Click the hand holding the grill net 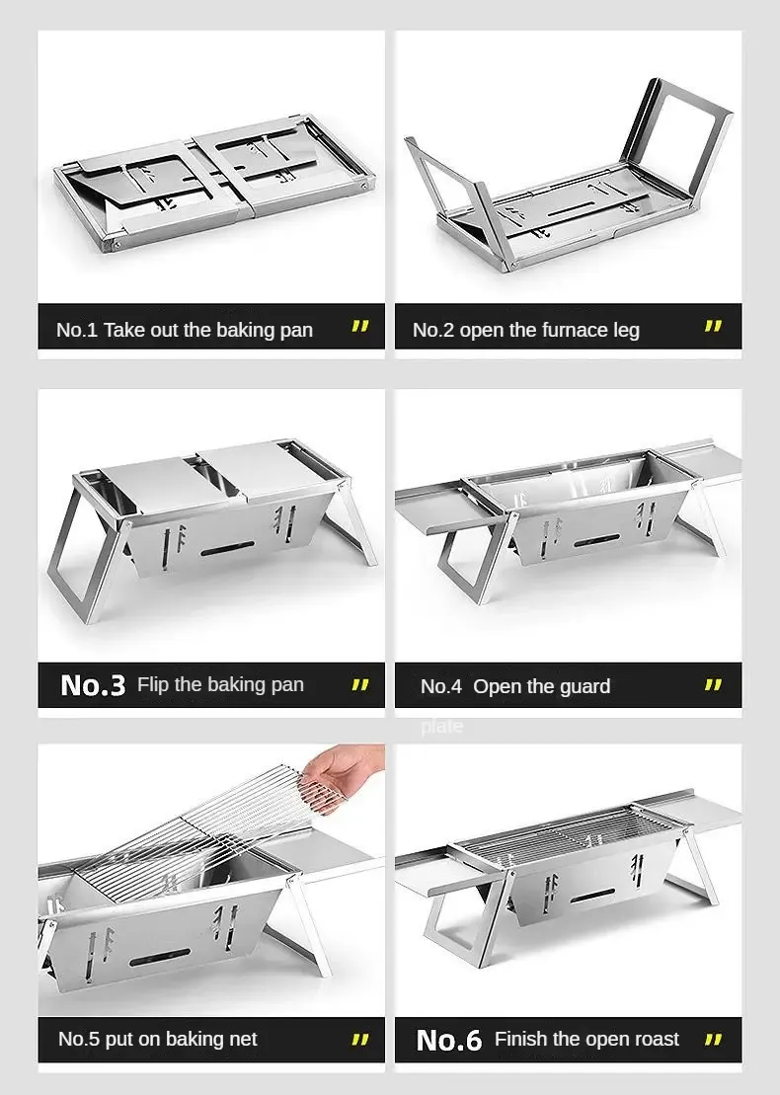coord(343,776)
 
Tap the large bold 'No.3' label coord(93,686)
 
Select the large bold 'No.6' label coord(449,1041)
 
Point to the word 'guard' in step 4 coord(583,687)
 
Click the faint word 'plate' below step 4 coord(441,727)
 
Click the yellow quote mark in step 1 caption coord(359,326)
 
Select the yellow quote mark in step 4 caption coord(713,685)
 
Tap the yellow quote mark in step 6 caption coord(713,1040)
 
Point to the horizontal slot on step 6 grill coord(593,896)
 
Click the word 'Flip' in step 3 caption coord(153,685)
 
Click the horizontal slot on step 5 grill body coord(160,958)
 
